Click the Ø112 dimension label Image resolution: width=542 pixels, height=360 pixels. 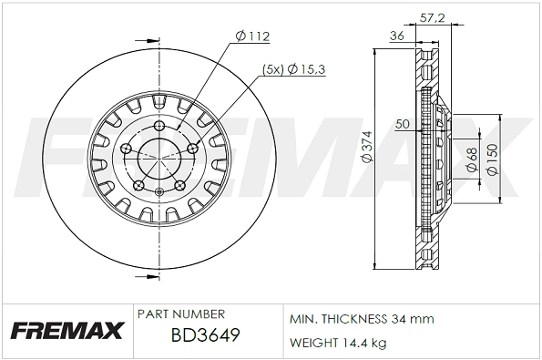coord(252,36)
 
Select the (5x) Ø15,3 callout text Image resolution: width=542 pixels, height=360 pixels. coord(293,69)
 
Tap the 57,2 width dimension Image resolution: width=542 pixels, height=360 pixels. coord(432,17)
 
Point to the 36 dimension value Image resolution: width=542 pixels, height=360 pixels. coord(397,36)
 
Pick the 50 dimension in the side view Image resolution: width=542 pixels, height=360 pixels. coord(403,124)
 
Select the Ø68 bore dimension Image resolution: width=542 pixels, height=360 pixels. coord(472,159)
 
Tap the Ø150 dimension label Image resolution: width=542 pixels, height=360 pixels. coord(492,159)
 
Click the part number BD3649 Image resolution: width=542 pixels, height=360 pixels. coord(205,335)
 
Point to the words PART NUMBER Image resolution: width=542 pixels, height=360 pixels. coord(181,314)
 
